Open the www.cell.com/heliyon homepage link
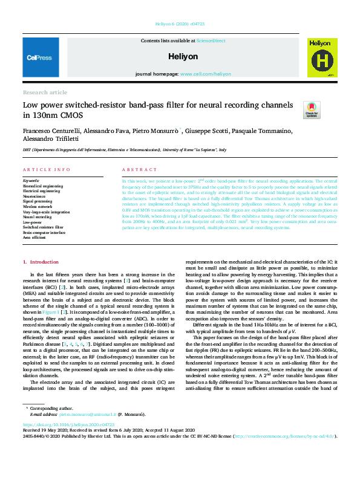click(x=205, y=74)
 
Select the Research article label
click(x=45, y=92)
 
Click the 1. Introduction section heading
click(x=41, y=261)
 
